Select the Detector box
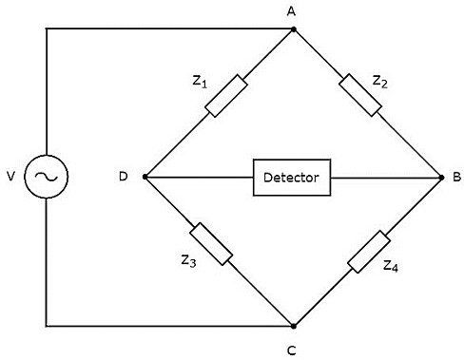tap(292, 178)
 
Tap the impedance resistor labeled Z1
tap(227, 96)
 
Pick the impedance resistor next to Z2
tap(363, 96)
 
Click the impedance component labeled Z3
tap(211, 244)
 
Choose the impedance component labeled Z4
tap(369, 251)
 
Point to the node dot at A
tap(295, 29)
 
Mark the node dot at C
tap(295, 325)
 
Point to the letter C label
tap(293, 349)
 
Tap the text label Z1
tap(199, 82)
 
